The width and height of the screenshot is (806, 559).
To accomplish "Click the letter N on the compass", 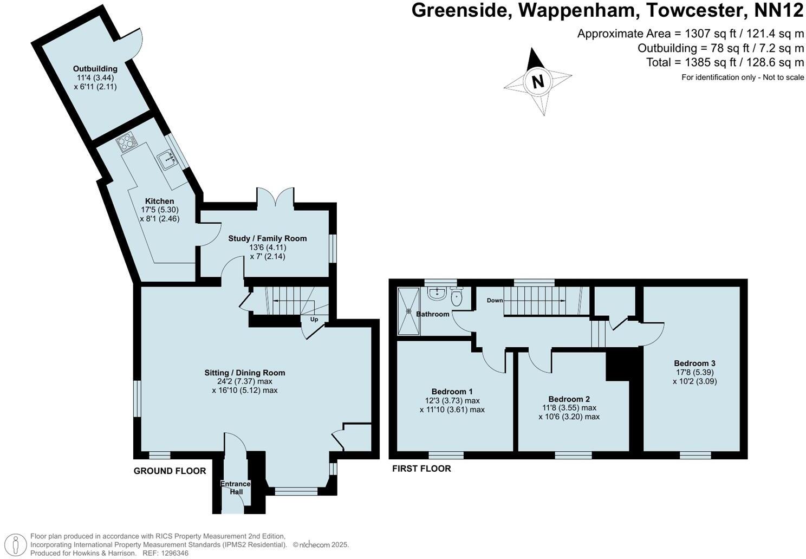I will [x=538, y=82].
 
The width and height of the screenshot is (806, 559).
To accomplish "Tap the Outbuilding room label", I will [x=95, y=69].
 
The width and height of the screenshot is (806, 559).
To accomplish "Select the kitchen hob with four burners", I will [x=125, y=143].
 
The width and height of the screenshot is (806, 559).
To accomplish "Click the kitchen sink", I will [x=167, y=159].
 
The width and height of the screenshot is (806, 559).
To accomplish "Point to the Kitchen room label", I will [x=159, y=201].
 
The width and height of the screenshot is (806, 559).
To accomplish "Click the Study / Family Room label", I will [x=267, y=238].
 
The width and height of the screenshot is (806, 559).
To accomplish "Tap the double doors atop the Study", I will [x=276, y=197].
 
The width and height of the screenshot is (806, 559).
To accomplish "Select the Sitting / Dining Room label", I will [x=244, y=373].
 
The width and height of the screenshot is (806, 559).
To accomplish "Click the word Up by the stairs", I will [x=314, y=320].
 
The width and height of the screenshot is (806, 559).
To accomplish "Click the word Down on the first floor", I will [x=495, y=301].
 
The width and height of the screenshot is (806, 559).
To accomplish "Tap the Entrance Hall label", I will [x=236, y=487].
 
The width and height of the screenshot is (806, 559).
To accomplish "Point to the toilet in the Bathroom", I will [x=457, y=296].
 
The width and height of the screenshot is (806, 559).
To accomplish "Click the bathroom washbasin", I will [x=435, y=294].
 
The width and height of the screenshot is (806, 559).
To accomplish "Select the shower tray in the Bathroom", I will [x=408, y=311].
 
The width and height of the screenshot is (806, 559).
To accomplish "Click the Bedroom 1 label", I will [x=452, y=392].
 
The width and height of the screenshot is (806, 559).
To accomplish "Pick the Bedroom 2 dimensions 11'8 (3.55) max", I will [x=569, y=408].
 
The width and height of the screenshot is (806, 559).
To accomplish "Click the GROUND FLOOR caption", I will [x=170, y=471].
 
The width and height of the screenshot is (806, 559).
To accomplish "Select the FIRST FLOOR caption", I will [x=421, y=469].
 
